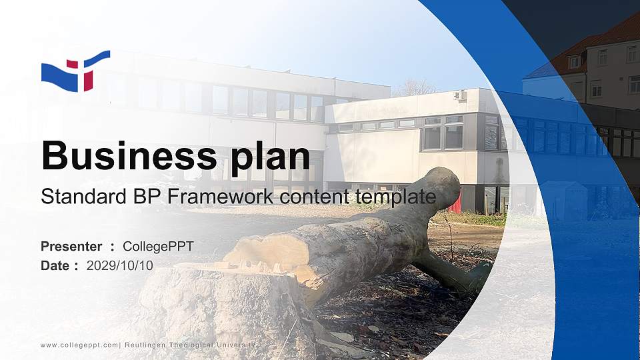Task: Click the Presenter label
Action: tap(71, 247)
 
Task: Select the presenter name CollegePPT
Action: tap(158, 247)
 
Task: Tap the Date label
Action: tap(55, 265)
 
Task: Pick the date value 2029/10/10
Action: tap(120, 265)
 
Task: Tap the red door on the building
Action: tap(455, 202)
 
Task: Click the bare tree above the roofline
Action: tap(415, 87)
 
